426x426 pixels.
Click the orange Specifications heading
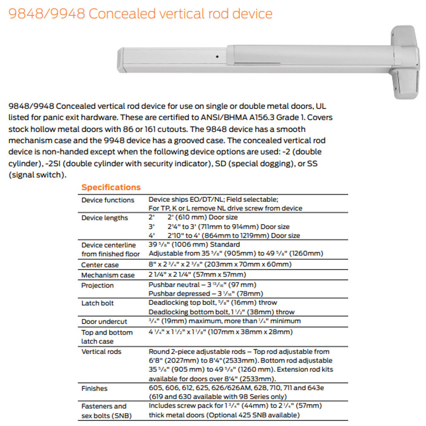point(111,187)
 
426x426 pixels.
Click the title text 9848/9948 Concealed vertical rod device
point(140,14)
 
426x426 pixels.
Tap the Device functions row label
point(108,200)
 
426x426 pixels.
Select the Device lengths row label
point(104,218)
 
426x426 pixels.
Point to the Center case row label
point(100,265)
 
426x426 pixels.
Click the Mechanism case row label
point(108,275)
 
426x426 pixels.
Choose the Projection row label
point(98,285)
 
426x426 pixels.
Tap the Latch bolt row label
point(98,303)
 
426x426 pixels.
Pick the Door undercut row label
point(104,322)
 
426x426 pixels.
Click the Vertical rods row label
point(101,352)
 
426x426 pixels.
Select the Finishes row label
point(95,389)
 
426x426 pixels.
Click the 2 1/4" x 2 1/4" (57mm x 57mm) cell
point(197,275)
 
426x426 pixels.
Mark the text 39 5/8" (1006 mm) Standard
point(194,245)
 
